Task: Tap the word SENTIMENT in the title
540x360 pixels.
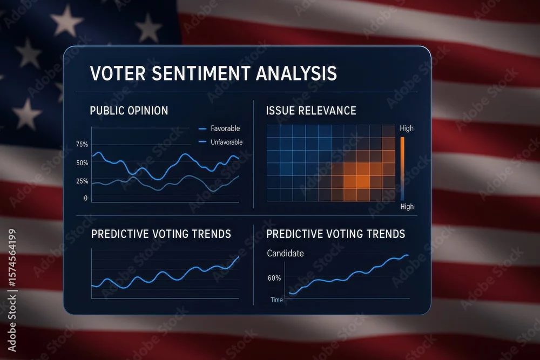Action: (201, 73)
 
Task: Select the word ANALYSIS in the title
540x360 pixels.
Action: (296, 73)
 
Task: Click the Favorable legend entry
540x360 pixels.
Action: (219, 128)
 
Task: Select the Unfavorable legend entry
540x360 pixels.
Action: (221, 142)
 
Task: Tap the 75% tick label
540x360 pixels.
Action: (82, 145)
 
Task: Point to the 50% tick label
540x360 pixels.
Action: (82, 163)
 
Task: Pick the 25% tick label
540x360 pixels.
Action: (82, 181)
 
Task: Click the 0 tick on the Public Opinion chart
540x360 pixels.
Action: (86, 198)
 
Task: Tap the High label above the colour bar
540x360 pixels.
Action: (407, 128)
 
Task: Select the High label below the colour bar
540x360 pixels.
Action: (407, 207)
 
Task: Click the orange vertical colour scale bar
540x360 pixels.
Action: (402, 168)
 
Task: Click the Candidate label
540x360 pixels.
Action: (286, 253)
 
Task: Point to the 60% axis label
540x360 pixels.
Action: (274, 278)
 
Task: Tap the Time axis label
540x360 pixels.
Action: (276, 300)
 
